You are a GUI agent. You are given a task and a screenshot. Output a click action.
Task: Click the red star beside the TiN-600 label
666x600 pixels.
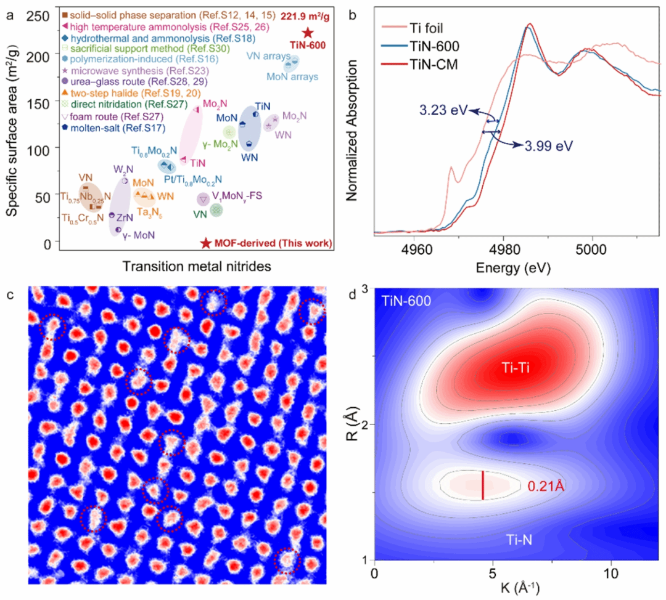tap(308, 33)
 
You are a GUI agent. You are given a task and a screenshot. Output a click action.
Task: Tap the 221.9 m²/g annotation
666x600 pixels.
tap(306, 15)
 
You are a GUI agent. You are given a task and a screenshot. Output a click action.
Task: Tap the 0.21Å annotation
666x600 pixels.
tap(546, 486)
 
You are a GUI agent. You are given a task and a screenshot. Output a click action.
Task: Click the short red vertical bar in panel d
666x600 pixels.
tap(482, 484)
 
